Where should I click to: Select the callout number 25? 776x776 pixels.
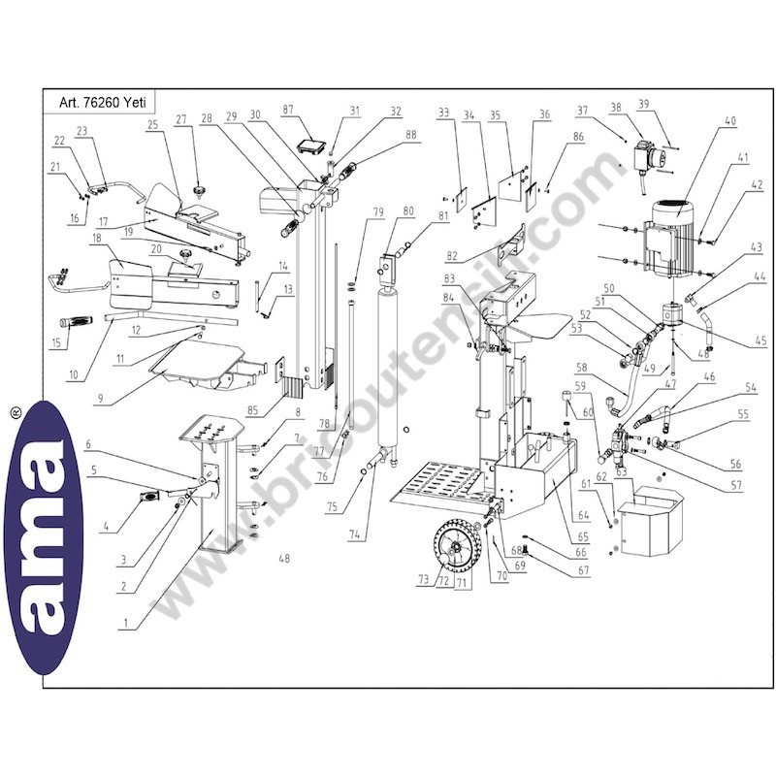pos(152,125)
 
